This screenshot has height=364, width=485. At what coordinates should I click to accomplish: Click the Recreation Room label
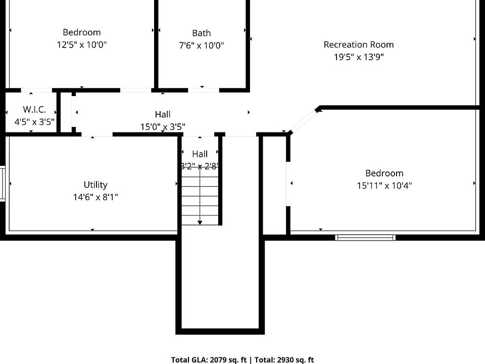coord(359,44)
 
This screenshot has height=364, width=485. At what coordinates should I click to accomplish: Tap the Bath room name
coord(202,33)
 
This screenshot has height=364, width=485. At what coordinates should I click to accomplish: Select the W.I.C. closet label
coord(34,109)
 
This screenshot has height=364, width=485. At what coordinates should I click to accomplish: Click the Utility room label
coord(95,185)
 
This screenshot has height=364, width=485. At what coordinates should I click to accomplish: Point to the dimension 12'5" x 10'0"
coord(82,44)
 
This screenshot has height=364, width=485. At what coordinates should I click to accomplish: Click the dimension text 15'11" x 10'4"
coord(384,186)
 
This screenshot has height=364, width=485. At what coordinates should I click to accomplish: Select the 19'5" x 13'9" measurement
coord(359,57)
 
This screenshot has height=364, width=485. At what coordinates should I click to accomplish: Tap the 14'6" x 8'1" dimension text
coord(95,197)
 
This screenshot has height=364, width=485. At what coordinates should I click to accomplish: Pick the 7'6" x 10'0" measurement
coord(202,45)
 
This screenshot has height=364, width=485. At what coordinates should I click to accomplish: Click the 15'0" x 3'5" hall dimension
coord(163,126)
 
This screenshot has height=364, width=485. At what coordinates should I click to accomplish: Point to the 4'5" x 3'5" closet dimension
coord(34,122)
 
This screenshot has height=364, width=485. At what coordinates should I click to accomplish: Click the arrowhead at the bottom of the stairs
coord(200,222)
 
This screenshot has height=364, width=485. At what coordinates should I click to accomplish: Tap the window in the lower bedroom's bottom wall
coord(365,238)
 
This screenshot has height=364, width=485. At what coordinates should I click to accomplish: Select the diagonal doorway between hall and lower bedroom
coord(304,121)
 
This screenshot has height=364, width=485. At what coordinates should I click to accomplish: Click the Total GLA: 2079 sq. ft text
coord(209,359)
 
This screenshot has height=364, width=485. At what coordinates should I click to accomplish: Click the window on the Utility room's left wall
coord(3,184)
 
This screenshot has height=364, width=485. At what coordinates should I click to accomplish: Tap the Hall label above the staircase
coord(200,154)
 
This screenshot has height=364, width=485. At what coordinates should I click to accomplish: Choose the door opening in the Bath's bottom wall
coord(204,90)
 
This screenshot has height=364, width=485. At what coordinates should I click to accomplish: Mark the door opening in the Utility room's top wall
coord(97,134)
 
